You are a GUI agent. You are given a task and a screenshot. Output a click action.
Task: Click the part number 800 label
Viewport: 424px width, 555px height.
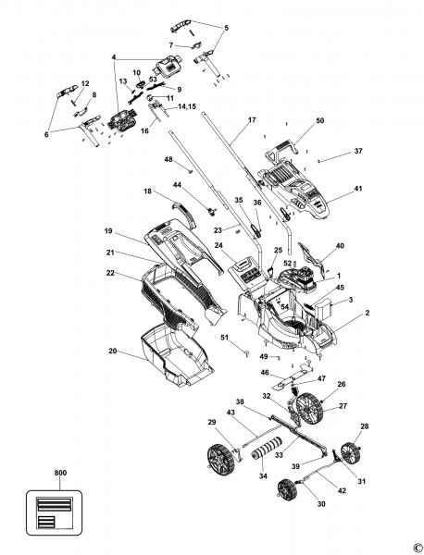pyautogui.click(x=35, y=474)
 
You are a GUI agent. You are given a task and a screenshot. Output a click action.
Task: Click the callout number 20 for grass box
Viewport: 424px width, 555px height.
pyautogui.click(x=112, y=351)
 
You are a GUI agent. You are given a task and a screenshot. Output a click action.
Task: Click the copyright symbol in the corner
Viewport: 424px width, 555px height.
pyautogui.click(x=417, y=547)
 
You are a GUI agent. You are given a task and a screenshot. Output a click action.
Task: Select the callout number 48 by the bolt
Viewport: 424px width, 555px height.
pyautogui.click(x=168, y=160)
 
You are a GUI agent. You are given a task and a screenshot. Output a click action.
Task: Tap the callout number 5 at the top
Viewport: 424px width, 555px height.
pyautogui.click(x=227, y=28)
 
